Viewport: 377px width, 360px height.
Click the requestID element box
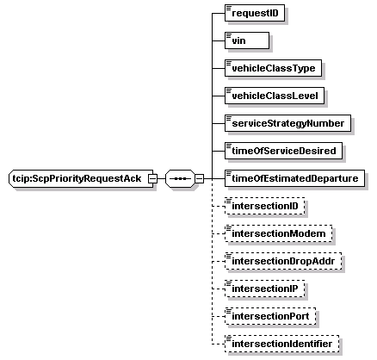click(255, 13)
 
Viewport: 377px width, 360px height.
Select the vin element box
click(247, 40)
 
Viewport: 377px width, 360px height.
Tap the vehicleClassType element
click(273, 68)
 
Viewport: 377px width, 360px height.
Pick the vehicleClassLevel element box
click(275, 96)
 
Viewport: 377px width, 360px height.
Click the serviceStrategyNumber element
click(287, 123)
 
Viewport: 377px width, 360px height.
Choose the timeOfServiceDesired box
click(283, 151)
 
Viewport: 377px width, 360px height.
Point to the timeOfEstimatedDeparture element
click(294, 178)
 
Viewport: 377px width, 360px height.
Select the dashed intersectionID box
click(264, 206)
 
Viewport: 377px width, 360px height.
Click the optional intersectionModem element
click(278, 233)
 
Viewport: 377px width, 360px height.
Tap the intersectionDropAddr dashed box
click(283, 261)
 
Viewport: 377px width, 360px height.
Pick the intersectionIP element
click(264, 289)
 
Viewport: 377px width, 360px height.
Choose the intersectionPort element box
click(270, 316)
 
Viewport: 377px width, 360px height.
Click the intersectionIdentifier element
click(281, 344)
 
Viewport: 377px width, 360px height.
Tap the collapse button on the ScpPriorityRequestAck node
click(152, 178)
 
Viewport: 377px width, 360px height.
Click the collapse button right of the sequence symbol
click(199, 178)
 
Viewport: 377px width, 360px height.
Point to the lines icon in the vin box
click(229, 35)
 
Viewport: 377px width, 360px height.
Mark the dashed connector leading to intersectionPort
click(219, 316)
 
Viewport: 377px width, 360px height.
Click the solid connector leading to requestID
click(219, 13)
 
